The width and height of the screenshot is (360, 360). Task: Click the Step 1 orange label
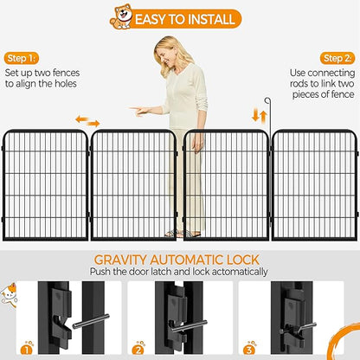[22, 59]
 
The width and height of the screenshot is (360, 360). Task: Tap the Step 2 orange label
[337, 59]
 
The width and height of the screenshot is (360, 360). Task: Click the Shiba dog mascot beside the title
[121, 16]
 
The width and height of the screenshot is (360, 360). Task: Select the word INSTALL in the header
[209, 19]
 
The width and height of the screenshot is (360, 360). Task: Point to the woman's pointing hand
[138, 111]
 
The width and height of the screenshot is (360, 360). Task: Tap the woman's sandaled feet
[183, 234]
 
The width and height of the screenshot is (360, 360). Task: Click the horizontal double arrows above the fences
[87, 121]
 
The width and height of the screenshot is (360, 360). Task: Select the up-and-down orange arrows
[260, 116]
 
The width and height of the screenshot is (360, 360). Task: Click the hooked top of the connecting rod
[267, 100]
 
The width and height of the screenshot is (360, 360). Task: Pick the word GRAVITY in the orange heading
[120, 260]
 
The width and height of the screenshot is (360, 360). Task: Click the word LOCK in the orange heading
[243, 260]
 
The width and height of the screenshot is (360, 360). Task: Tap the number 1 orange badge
[27, 350]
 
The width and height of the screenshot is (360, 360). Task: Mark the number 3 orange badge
[249, 350]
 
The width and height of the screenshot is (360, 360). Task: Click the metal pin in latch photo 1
[91, 321]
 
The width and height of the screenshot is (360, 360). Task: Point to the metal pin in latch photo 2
[189, 325]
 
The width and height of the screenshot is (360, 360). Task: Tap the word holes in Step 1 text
[66, 84]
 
